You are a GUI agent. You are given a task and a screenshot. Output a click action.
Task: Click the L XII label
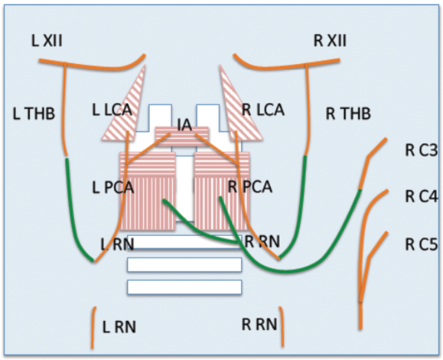(47, 42)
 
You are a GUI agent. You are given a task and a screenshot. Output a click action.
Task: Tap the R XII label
(329, 42)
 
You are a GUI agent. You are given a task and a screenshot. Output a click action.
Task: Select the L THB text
(34, 114)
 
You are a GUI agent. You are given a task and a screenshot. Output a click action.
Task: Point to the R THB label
(347, 114)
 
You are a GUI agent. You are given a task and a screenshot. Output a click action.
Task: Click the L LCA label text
(112, 109)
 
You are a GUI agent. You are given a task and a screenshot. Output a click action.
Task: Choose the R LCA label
(263, 109)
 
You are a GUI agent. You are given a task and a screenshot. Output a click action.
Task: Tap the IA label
(184, 125)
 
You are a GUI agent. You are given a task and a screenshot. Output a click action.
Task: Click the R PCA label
(250, 187)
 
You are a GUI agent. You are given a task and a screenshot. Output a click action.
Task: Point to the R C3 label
(421, 151)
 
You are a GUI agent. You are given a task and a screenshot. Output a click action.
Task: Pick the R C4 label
(421, 197)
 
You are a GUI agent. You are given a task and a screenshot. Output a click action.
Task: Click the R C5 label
(421, 244)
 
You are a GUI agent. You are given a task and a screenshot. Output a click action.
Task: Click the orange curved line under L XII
(89, 64)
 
